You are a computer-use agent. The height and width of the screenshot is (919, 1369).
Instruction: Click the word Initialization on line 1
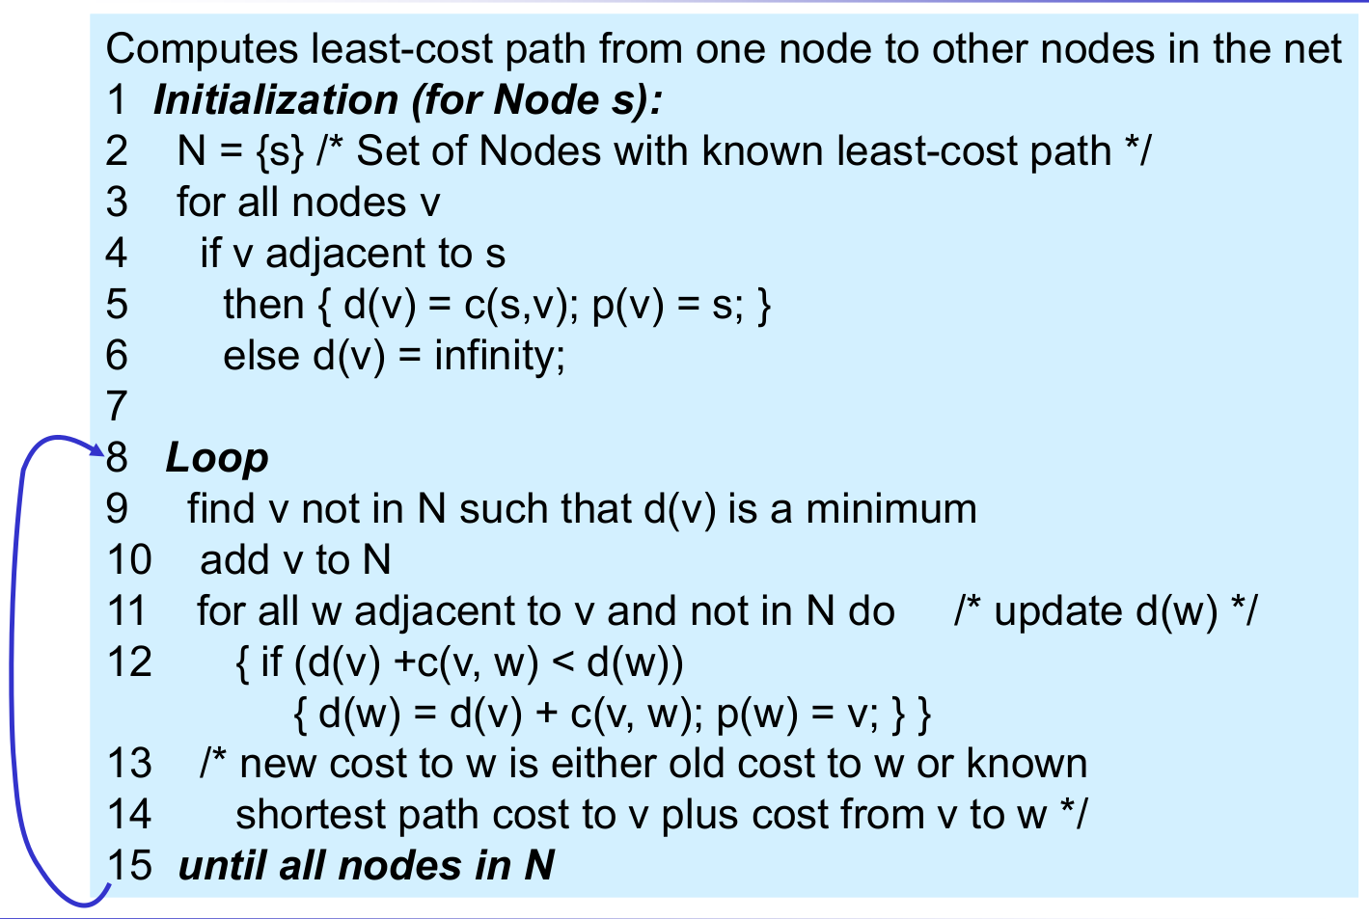tap(276, 100)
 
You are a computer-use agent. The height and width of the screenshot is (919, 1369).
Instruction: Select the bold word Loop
tap(217, 458)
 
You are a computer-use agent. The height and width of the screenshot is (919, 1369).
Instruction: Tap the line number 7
tap(117, 407)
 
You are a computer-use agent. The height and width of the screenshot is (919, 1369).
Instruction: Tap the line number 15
tap(129, 865)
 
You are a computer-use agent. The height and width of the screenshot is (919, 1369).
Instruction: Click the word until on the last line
tap(223, 865)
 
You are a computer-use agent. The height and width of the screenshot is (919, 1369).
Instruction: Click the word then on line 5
tap(263, 305)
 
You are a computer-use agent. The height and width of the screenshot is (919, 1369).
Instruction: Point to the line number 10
tap(129, 560)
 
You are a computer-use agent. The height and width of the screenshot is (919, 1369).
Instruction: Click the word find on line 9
tap(221, 509)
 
